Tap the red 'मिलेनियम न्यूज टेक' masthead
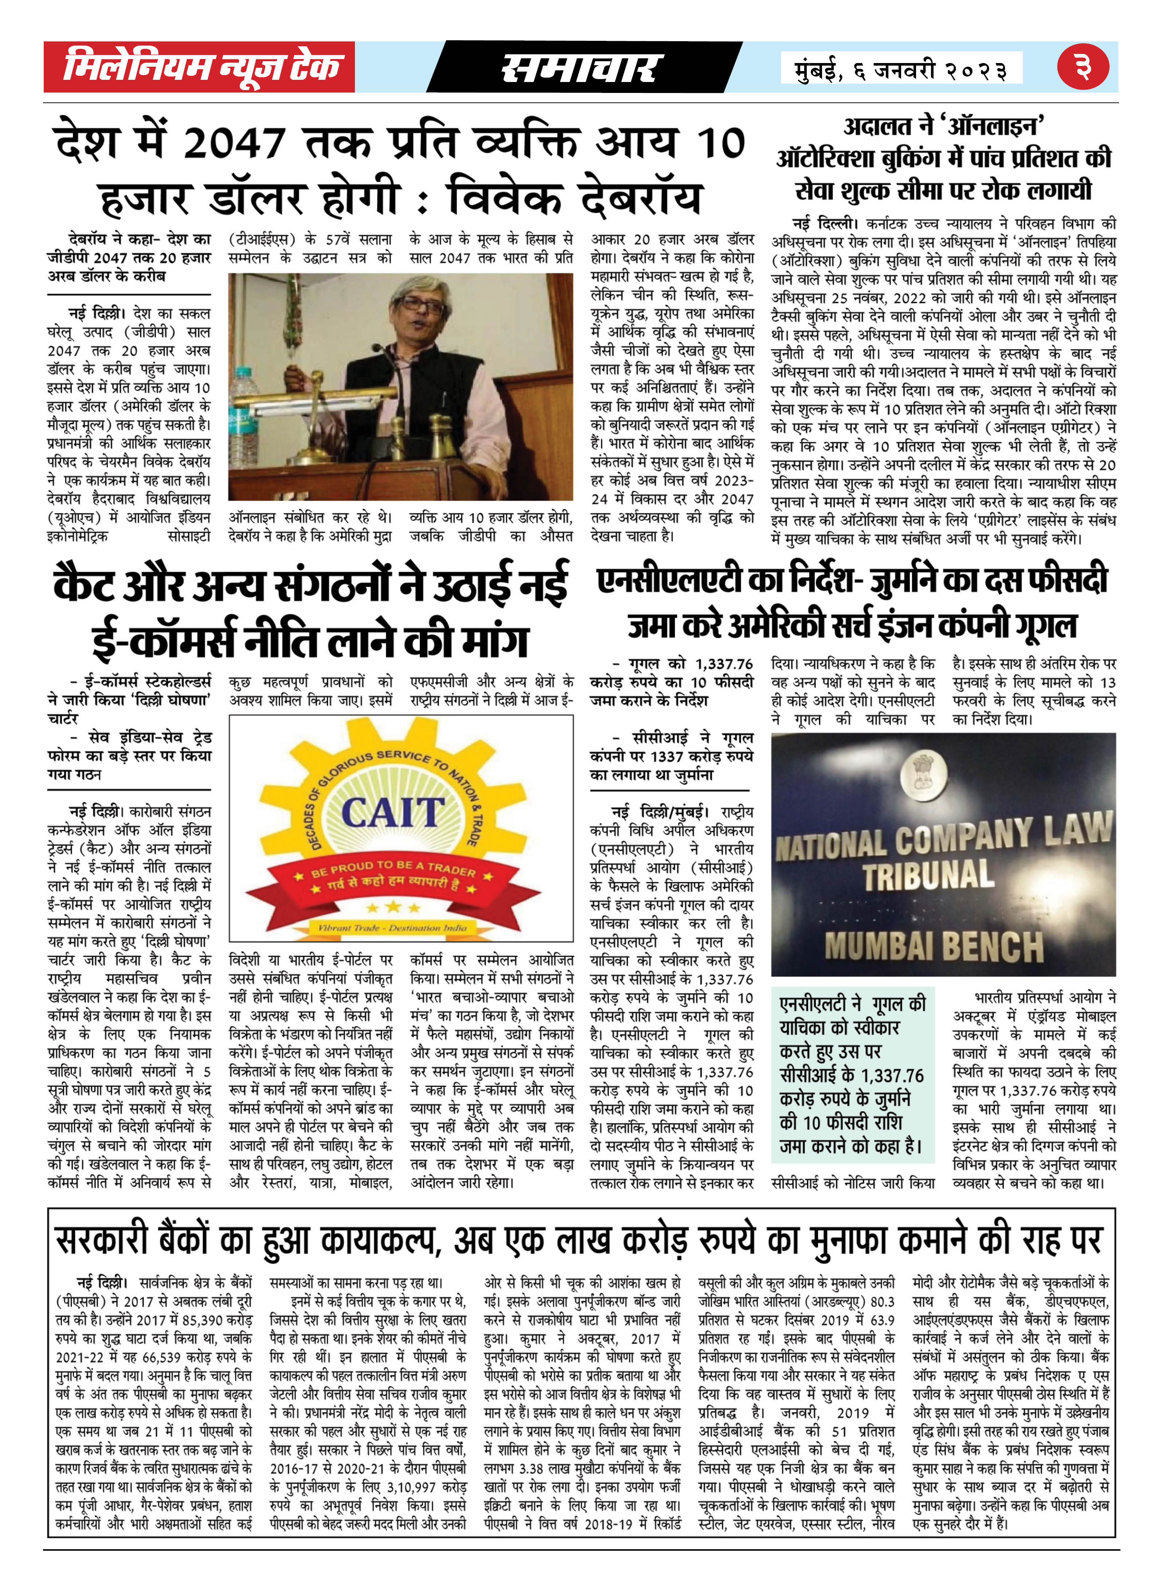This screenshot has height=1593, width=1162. (x=200, y=67)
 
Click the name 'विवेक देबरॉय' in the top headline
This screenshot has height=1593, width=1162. (x=575, y=198)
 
